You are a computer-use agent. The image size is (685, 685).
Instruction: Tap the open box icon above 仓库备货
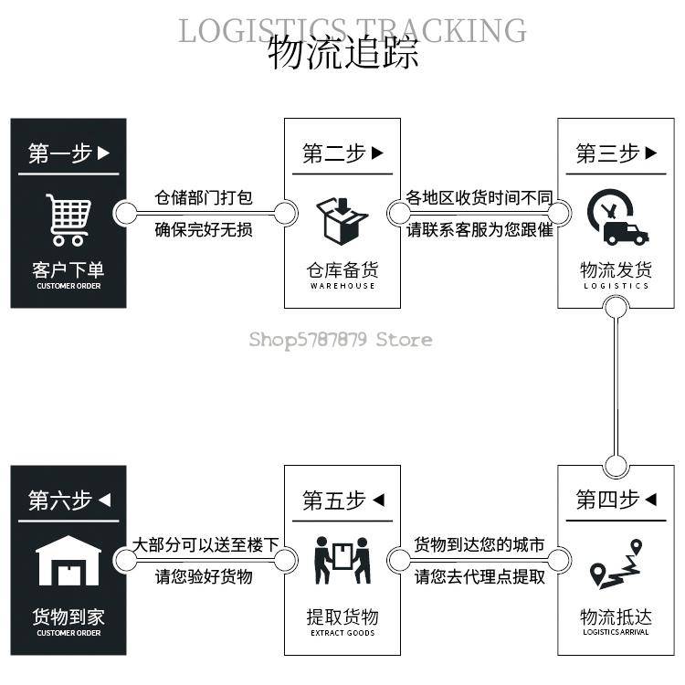point(342,220)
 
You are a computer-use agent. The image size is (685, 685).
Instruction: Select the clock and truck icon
point(616,218)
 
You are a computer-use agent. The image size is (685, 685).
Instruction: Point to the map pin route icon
point(616,564)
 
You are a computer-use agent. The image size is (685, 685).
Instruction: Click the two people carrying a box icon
point(342,562)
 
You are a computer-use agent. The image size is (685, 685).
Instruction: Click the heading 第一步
point(60,153)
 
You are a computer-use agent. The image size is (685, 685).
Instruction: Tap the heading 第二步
point(334,153)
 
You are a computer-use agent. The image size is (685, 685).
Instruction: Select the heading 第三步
point(608,153)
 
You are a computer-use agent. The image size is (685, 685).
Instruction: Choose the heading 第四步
point(608,500)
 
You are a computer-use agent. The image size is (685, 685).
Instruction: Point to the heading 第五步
point(334,501)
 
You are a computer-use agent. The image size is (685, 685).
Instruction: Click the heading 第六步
point(60,501)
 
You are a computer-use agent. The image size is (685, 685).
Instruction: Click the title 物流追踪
point(343,53)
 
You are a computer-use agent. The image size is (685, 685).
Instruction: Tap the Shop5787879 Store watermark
point(341,340)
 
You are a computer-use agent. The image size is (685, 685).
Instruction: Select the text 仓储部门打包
point(204,198)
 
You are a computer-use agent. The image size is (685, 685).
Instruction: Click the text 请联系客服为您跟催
point(479,229)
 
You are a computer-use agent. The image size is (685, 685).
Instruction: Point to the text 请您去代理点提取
point(479,576)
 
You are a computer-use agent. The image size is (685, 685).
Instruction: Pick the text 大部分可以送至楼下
point(205,545)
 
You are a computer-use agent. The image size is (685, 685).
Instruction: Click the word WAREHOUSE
point(342,286)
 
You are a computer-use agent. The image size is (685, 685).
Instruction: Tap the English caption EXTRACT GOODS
point(342,633)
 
